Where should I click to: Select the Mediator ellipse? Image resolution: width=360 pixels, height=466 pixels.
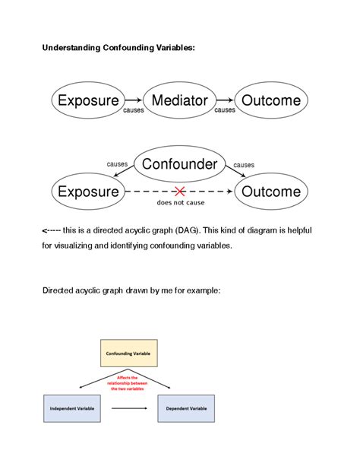coord(179,100)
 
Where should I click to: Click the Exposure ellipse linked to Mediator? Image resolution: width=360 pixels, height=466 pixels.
coord(88,100)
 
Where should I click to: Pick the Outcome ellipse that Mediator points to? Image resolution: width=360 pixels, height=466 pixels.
coord(271,100)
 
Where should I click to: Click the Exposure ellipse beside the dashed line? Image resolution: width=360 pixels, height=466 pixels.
coord(88,192)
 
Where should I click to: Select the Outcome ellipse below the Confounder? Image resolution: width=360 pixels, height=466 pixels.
coord(271,192)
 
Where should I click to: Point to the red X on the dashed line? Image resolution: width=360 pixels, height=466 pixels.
coord(179,191)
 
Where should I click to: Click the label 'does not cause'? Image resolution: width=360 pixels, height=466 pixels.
coord(179,203)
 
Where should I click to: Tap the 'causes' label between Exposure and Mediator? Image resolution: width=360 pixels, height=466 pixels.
coord(134,110)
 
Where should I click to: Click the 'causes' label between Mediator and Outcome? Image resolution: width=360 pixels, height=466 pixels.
coord(225,110)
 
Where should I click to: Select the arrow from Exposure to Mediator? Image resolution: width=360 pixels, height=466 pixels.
coord(133,100)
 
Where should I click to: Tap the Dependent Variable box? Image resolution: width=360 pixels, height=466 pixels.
coord(186,408)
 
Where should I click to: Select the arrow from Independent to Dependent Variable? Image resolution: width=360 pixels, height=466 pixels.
coord(128,408)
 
